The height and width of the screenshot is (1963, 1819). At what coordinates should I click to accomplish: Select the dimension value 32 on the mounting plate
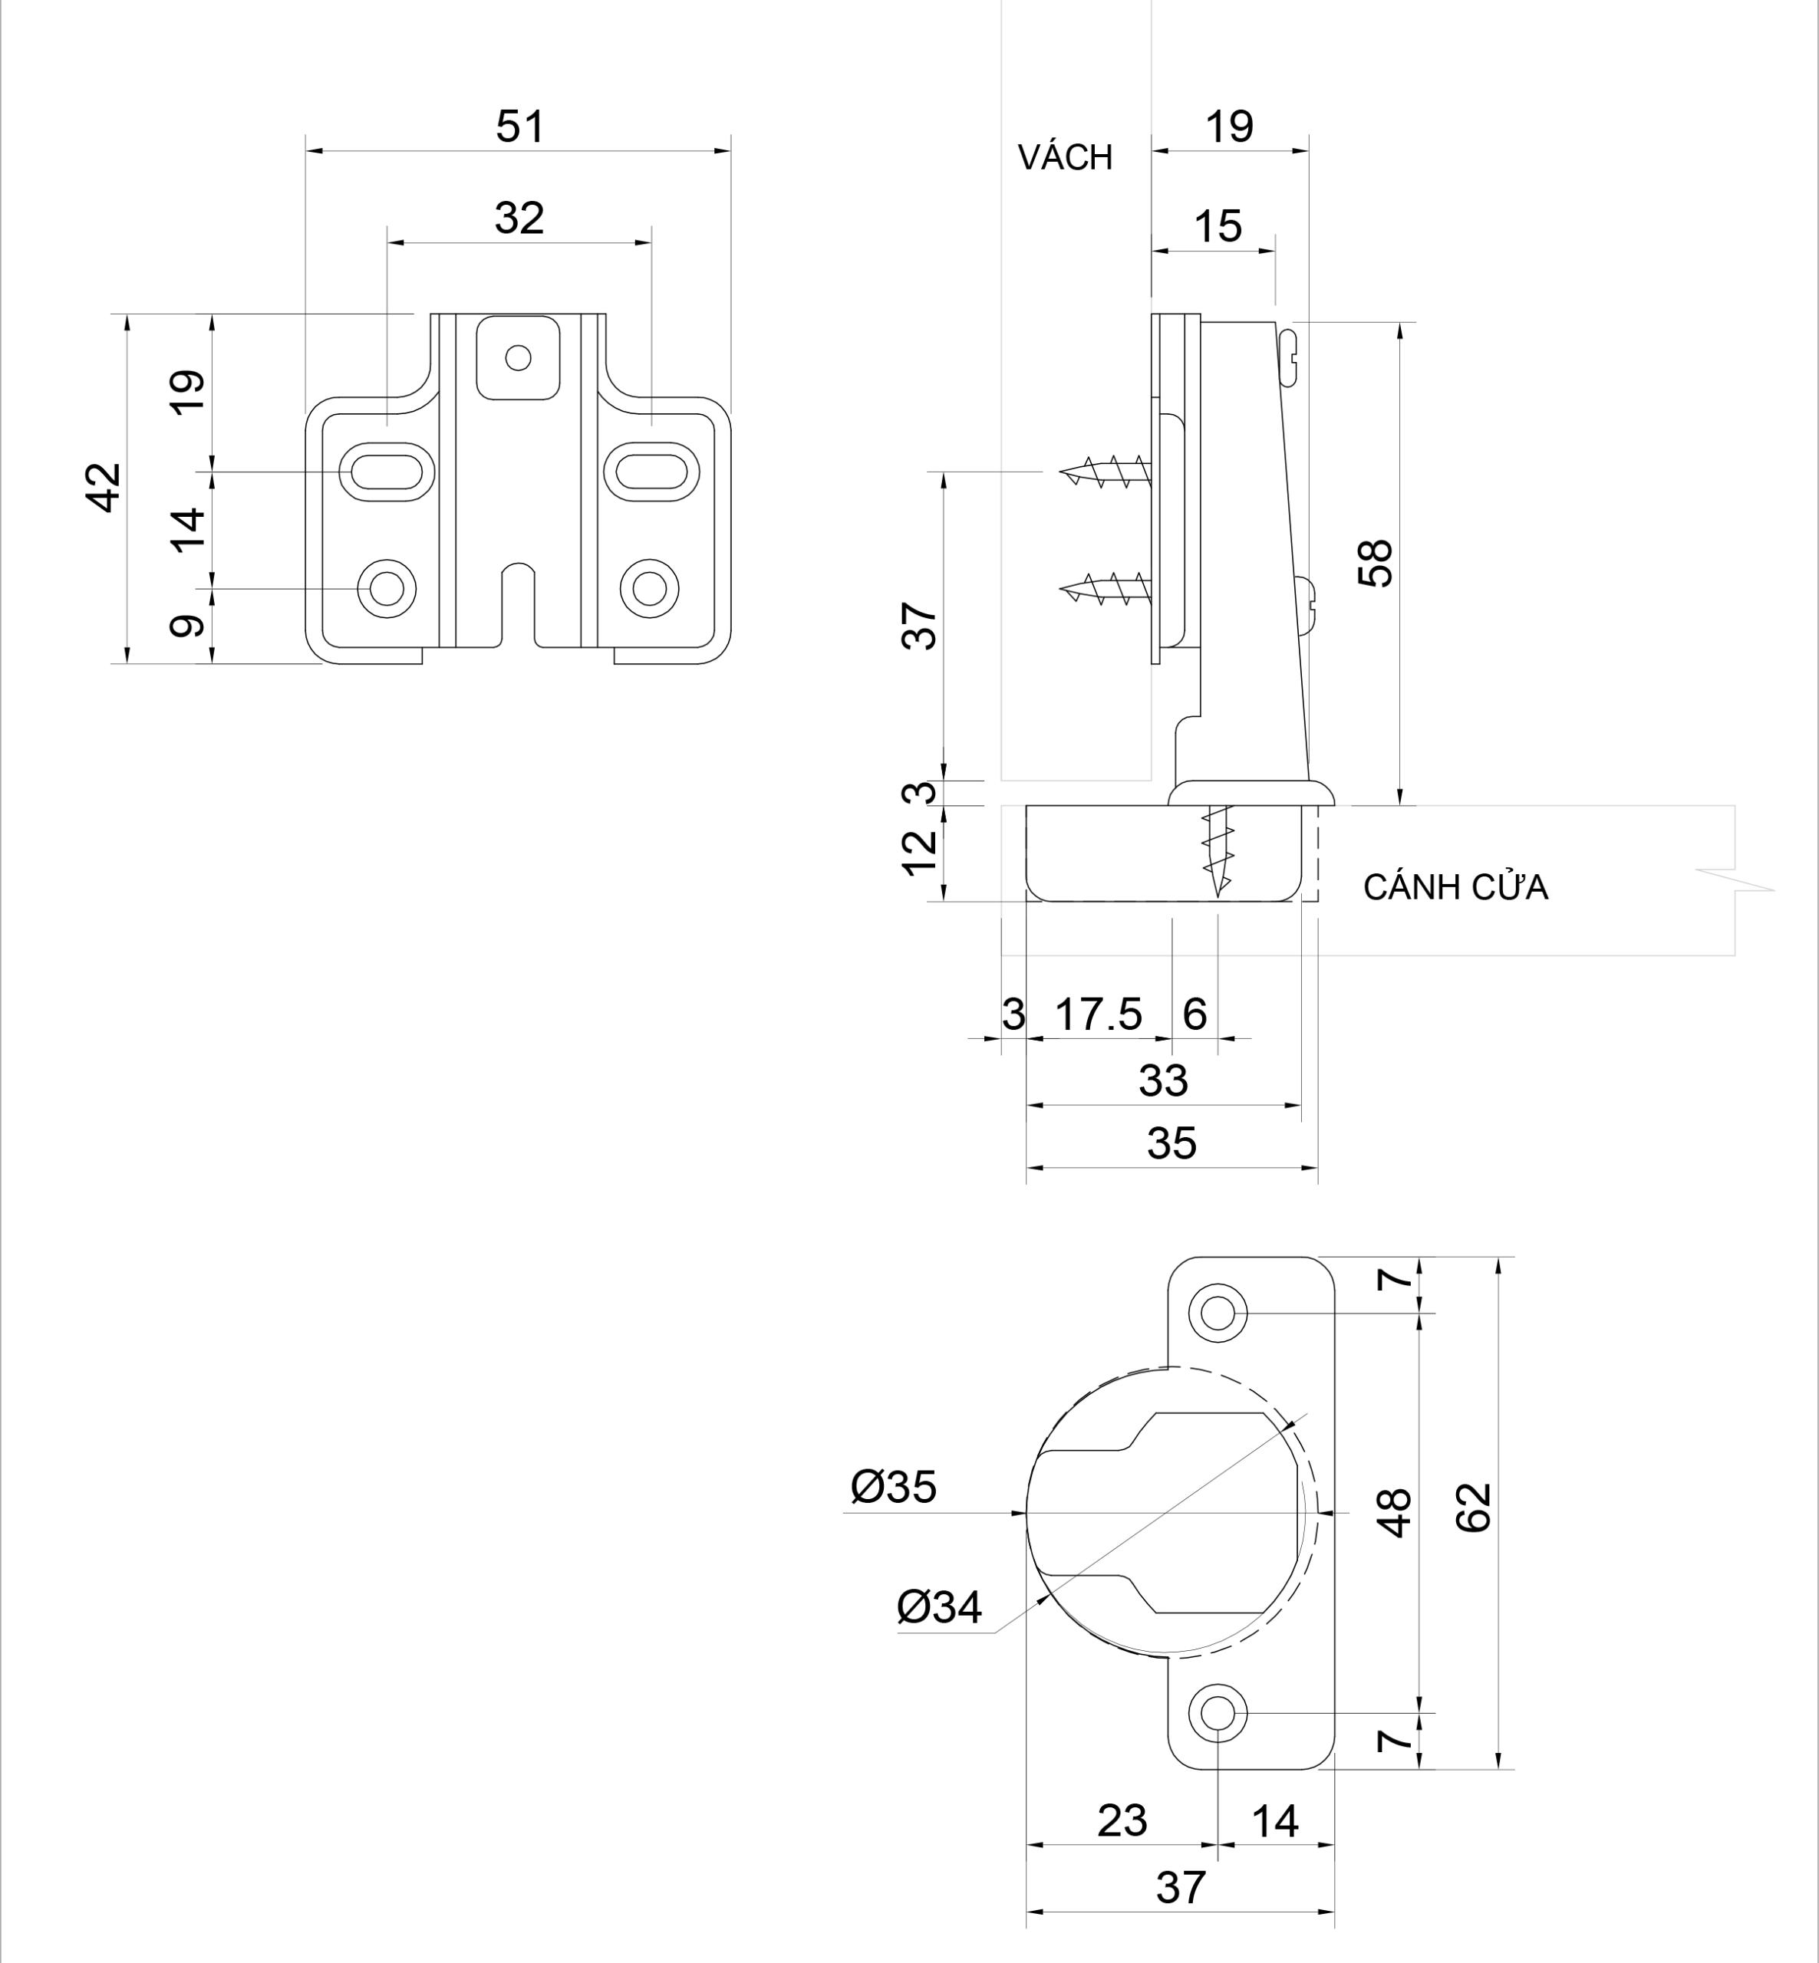tap(519, 218)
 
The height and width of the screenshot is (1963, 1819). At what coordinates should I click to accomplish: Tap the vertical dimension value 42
tap(104, 487)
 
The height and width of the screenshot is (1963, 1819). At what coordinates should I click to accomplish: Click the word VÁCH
tap(1065, 157)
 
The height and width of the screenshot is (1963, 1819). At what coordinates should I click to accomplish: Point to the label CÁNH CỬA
tap(1455, 887)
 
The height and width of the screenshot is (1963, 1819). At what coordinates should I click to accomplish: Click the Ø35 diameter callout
tap(893, 1487)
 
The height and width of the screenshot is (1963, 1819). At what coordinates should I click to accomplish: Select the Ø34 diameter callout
tap(938, 1606)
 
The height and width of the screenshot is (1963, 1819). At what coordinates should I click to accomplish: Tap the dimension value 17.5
tap(1099, 1014)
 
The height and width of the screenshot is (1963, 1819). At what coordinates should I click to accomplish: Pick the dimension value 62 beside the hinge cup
tap(1474, 1508)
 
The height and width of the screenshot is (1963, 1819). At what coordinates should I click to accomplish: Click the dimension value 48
tap(1395, 1512)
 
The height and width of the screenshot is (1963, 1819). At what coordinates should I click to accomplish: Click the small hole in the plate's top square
tap(518, 357)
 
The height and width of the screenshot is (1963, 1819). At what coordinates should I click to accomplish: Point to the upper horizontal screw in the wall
tap(1106, 472)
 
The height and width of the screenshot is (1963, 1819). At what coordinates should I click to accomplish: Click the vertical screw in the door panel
tap(1218, 848)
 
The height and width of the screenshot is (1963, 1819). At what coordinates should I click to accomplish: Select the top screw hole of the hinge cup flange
tap(1218, 1312)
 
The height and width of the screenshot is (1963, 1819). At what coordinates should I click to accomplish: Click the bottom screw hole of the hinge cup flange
tap(1218, 1713)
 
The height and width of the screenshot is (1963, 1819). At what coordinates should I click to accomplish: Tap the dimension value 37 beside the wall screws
tap(919, 626)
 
